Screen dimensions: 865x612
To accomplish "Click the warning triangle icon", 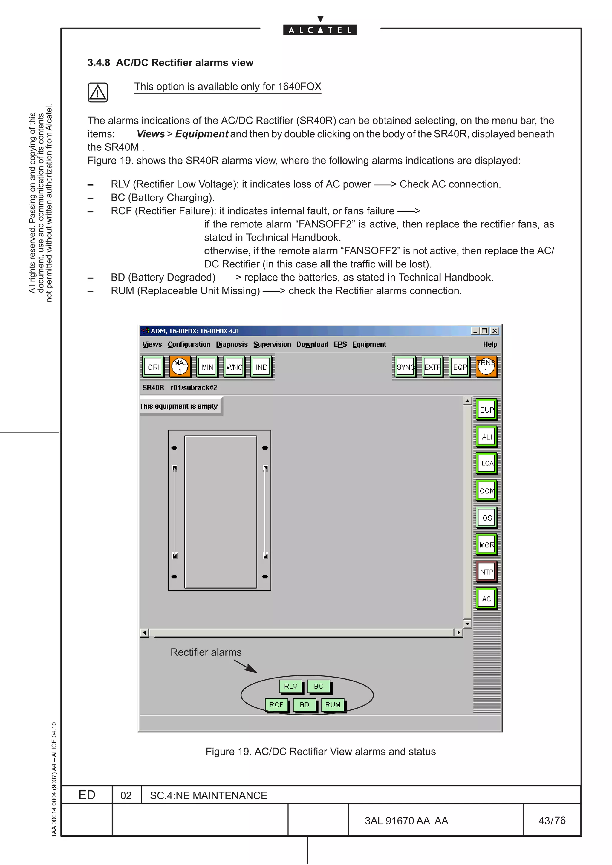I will click(x=98, y=92).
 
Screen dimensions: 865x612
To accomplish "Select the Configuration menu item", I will click(x=189, y=344).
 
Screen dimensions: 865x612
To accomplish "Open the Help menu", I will click(x=490, y=344).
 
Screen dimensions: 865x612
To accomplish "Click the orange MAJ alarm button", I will click(x=180, y=367).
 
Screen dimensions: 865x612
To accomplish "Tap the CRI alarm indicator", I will click(x=154, y=367).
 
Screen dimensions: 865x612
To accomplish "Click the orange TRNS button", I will click(x=486, y=367).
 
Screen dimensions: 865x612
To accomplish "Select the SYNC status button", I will click(x=406, y=367).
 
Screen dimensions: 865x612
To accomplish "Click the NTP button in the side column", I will click(x=486, y=572).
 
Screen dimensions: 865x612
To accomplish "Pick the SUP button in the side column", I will click(x=486, y=410).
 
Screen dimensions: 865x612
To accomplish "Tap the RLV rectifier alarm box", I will click(x=291, y=686).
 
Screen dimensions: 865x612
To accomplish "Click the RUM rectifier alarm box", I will click(x=333, y=704).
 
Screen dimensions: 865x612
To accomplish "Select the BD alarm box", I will click(x=304, y=704).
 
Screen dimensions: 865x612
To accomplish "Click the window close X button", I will click(x=495, y=331).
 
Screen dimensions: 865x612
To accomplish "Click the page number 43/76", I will click(x=552, y=820).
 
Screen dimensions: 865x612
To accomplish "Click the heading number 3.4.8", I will click(x=99, y=63).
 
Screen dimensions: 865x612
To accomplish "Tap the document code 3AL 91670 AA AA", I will click(x=406, y=821).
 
